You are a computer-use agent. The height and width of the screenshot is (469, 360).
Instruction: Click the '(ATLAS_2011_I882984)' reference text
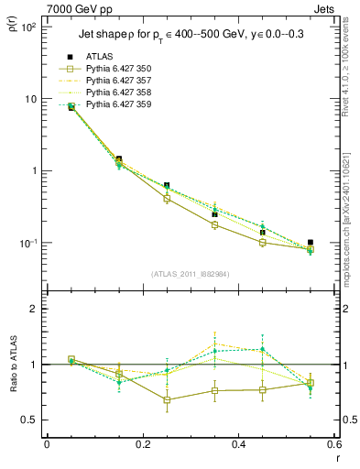(x=191, y=274)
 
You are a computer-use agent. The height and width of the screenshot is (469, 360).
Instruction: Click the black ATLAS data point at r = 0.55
(x=310, y=243)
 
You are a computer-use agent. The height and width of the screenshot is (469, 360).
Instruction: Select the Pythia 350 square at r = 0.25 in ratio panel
(x=167, y=399)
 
